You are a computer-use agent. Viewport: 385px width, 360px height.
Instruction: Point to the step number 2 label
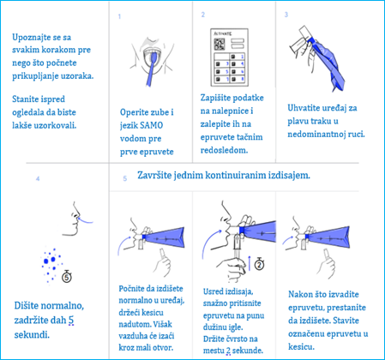tap(202, 15)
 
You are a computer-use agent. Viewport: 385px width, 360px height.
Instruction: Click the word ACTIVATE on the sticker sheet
tap(232, 32)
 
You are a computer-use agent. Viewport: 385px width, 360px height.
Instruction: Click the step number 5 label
tap(125, 178)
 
